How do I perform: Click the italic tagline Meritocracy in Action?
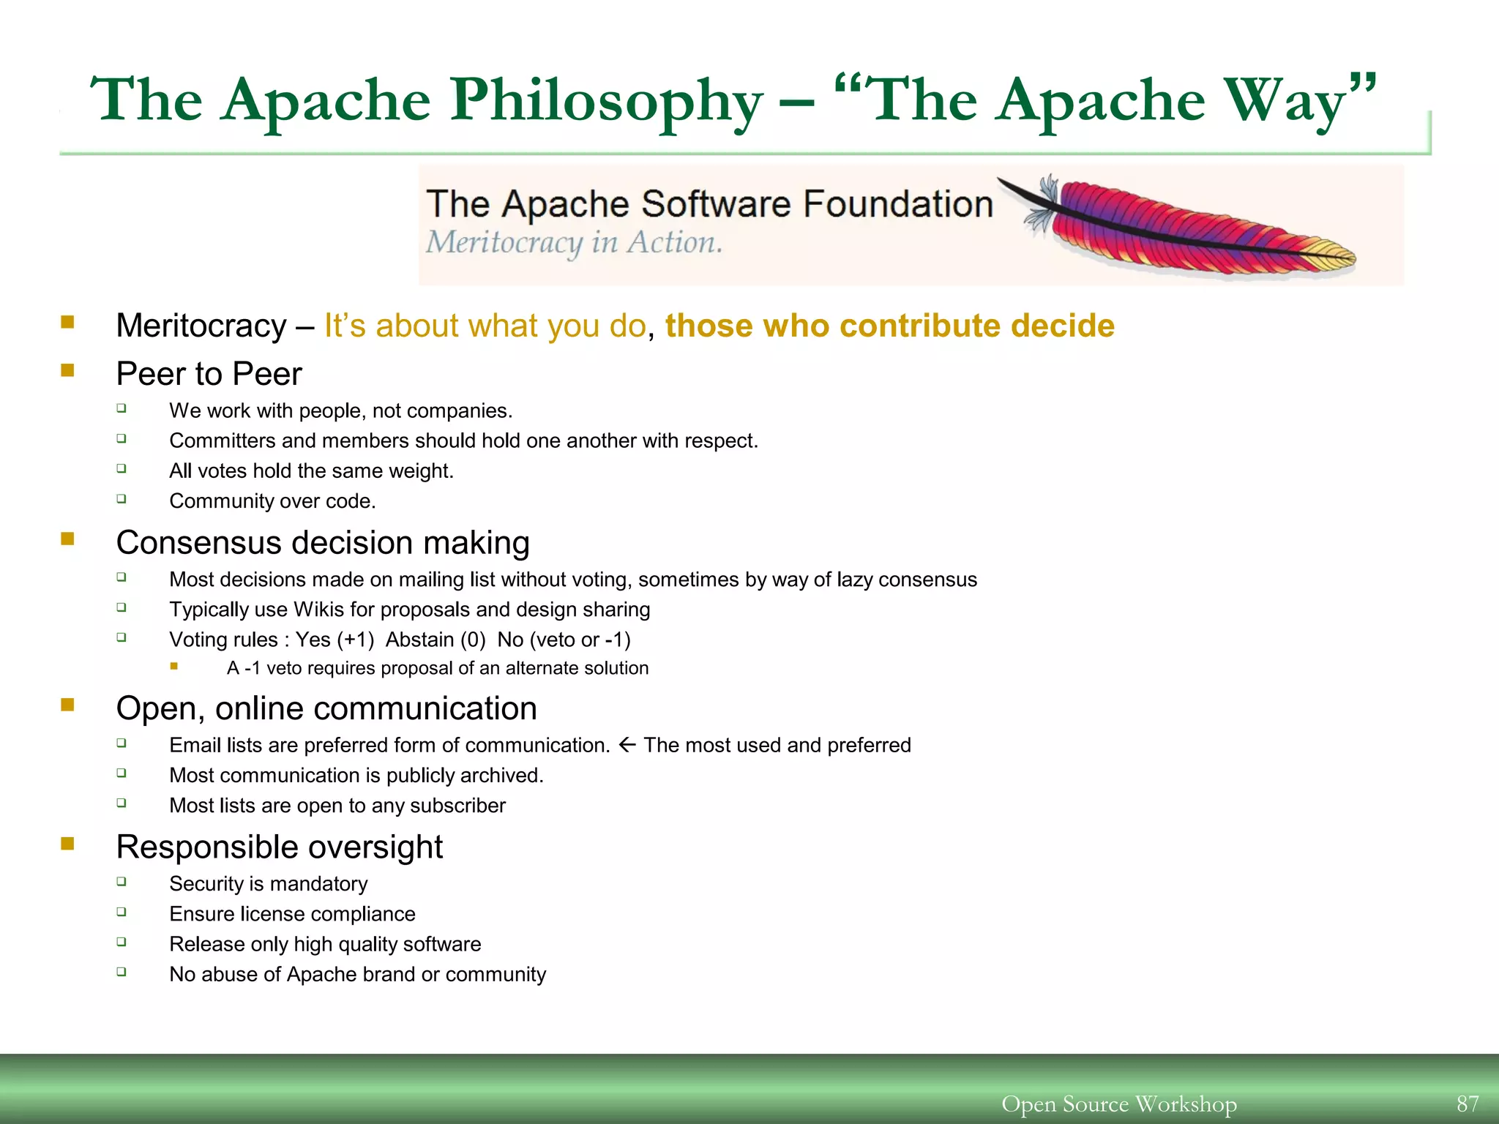click(x=574, y=242)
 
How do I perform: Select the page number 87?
click(x=1467, y=1104)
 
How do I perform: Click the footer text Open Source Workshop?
click(x=1118, y=1104)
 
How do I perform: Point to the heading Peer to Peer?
click(x=209, y=374)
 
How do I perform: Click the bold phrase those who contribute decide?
click(x=889, y=326)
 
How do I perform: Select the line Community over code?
click(x=272, y=501)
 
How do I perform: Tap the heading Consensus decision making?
click(x=322, y=543)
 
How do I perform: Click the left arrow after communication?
click(x=627, y=745)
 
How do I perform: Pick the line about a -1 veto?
click(x=437, y=668)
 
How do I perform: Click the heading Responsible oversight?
click(x=279, y=847)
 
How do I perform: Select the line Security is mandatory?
click(x=268, y=884)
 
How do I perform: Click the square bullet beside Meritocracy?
click(x=67, y=323)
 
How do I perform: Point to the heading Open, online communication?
click(x=326, y=708)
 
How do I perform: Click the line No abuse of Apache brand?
click(x=357, y=975)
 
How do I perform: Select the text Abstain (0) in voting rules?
click(x=436, y=640)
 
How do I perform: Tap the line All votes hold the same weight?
click(x=311, y=471)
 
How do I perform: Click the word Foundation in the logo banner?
click(x=897, y=203)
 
